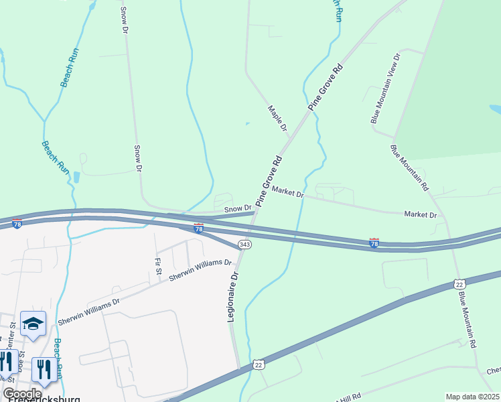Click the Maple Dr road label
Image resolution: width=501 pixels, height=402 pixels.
(x=277, y=118)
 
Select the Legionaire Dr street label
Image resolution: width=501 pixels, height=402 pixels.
(x=233, y=295)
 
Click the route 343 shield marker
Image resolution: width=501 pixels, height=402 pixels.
(x=245, y=245)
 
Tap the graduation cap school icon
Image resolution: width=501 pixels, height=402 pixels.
(x=33, y=324)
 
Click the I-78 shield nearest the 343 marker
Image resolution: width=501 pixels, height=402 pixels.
(x=199, y=228)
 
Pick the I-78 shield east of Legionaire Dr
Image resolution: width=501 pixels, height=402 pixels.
(x=374, y=243)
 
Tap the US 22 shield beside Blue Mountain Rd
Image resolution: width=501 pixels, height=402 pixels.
(x=459, y=285)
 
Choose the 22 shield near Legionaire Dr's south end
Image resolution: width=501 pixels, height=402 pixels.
(x=259, y=364)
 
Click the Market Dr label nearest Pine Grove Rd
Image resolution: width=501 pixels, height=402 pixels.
(x=289, y=193)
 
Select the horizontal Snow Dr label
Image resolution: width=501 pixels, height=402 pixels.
(x=238, y=209)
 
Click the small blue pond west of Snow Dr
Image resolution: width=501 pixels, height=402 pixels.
(x=76, y=178)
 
